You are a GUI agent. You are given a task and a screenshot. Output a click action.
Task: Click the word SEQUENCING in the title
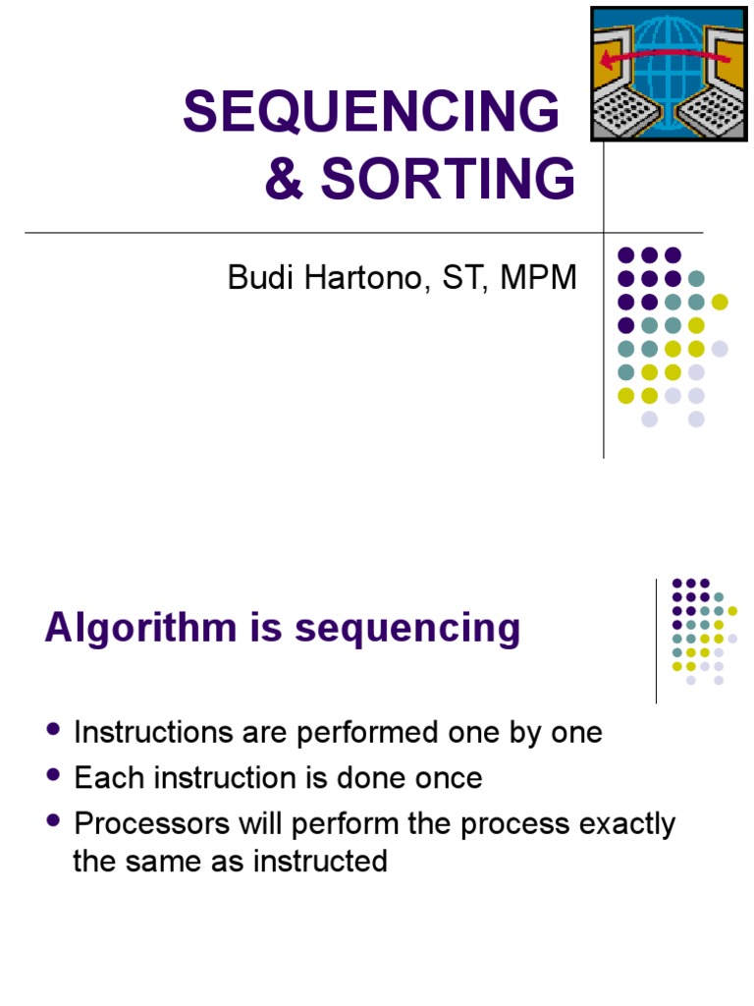370,113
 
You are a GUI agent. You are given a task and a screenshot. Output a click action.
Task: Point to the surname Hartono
354,278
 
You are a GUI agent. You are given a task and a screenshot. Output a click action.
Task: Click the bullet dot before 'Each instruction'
53,776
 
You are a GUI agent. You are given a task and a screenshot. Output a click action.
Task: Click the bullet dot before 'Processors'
53,821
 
